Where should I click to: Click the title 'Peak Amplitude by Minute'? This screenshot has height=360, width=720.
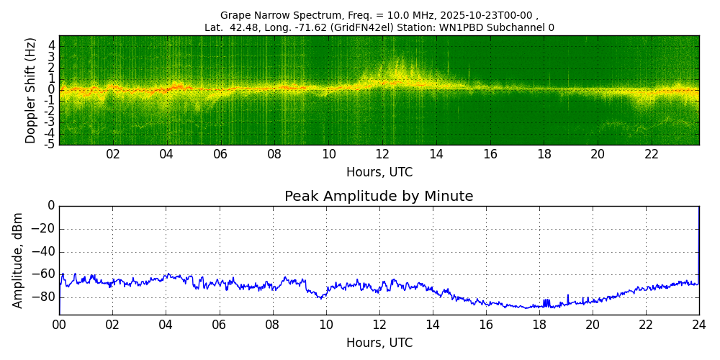click(379, 197)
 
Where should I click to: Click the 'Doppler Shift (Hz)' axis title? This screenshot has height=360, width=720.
click(31, 91)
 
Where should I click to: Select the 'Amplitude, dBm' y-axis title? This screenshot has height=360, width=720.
click(19, 260)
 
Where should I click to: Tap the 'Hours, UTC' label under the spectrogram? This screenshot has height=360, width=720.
click(379, 173)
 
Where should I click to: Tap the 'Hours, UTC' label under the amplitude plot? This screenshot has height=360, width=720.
click(379, 343)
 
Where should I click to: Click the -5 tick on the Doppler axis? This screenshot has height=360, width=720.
click(50, 144)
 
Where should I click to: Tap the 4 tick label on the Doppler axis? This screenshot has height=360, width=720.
click(52, 45)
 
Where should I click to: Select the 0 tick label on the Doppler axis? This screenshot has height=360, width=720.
click(52, 90)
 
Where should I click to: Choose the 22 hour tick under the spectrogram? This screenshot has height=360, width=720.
click(652, 154)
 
